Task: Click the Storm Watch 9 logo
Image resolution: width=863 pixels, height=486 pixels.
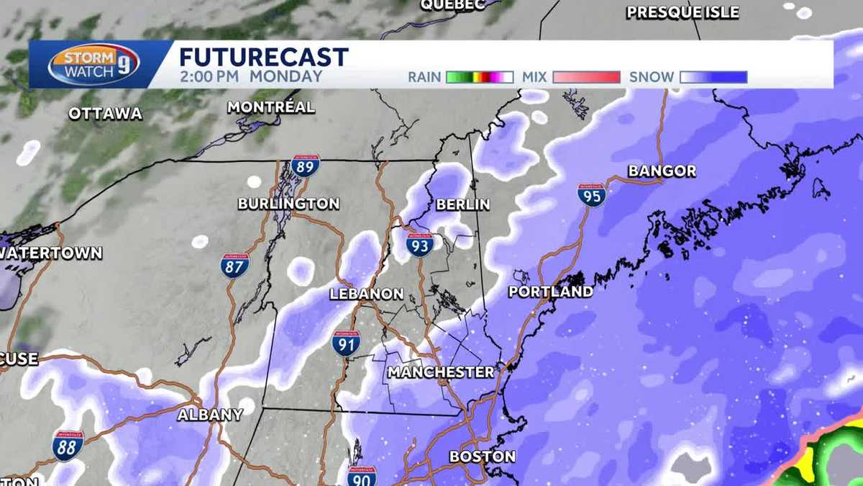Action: tap(93, 64)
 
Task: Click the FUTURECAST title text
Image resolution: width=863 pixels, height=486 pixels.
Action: tap(263, 57)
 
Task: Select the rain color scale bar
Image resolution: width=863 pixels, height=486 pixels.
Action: tap(479, 77)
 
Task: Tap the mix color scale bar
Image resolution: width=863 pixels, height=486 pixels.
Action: tap(586, 77)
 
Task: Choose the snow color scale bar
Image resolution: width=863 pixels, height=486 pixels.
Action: tap(714, 77)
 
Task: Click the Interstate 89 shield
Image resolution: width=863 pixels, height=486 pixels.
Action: tap(305, 166)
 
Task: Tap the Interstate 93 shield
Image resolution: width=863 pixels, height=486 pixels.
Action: tap(420, 245)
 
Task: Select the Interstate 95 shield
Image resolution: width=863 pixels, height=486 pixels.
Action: tap(591, 194)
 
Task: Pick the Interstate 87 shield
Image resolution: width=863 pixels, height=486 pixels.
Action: tap(235, 266)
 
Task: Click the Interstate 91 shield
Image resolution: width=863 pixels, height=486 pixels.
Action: tap(346, 343)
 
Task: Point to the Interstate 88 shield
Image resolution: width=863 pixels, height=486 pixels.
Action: tap(68, 446)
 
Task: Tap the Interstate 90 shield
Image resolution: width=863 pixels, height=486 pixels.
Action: tap(362, 476)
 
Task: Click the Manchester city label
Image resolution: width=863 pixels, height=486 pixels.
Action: tap(441, 372)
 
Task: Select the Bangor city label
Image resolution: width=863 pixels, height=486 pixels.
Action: tap(662, 171)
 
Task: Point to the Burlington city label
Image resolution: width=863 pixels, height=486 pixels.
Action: tap(288, 204)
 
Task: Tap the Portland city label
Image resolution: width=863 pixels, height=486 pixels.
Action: tap(551, 292)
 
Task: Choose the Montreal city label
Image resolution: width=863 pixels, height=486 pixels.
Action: tap(271, 107)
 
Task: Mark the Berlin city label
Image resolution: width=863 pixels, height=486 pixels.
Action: tap(463, 204)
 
